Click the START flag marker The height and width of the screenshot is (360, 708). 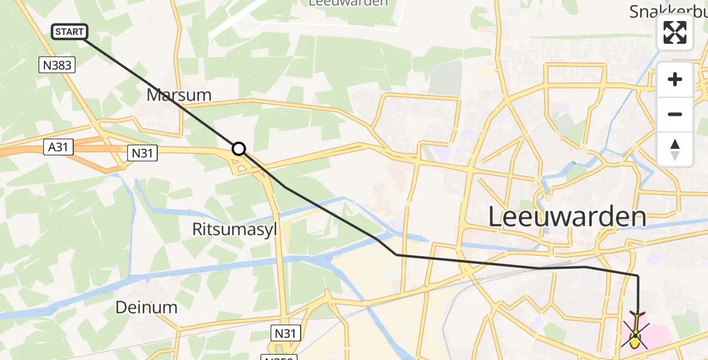[70, 32]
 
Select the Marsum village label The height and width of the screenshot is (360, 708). [179, 95]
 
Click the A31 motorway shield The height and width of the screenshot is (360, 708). [59, 147]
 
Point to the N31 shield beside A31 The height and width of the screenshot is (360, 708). [143, 154]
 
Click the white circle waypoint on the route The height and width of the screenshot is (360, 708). [239, 149]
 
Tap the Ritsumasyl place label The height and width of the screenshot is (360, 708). [235, 229]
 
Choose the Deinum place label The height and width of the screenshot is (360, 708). [146, 308]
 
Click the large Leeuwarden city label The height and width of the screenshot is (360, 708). [567, 216]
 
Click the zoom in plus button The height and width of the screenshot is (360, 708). [675, 80]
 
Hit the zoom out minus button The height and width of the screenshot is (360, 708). [675, 114]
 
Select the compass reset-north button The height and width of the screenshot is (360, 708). [675, 149]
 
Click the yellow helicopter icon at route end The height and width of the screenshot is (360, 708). [635, 334]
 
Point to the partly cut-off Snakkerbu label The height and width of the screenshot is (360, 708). [668, 10]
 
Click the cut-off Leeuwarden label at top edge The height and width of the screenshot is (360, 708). [348, 3]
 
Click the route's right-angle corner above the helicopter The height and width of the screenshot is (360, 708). [638, 276]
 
